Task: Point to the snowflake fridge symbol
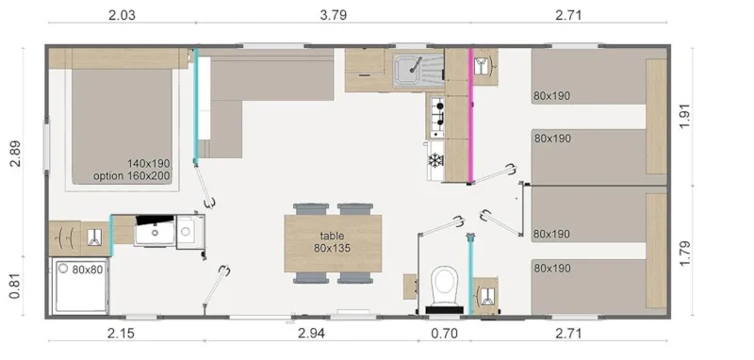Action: (435, 161)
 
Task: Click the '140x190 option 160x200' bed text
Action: (132, 170)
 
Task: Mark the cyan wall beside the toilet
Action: (469, 269)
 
